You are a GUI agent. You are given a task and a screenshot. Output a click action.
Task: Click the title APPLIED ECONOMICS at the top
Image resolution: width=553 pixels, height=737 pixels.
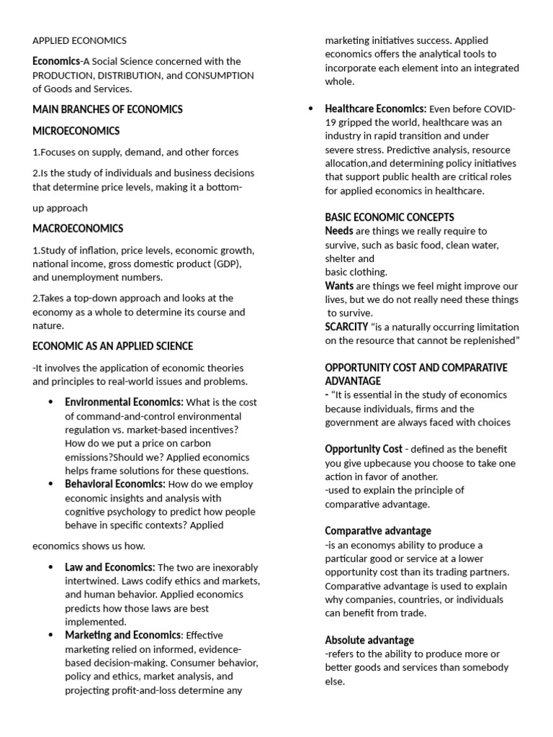pyautogui.click(x=79, y=41)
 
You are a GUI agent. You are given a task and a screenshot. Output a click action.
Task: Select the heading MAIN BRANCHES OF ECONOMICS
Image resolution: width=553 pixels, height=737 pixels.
pyautogui.click(x=107, y=109)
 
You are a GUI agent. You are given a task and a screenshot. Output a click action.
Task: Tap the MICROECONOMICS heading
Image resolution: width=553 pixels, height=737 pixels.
pyautogui.click(x=76, y=131)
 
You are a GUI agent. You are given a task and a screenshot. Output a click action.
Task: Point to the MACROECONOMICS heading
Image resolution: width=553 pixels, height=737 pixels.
pyautogui.click(x=78, y=229)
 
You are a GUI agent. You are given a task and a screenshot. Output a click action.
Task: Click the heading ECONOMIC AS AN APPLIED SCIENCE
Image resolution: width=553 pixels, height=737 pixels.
pyautogui.click(x=112, y=346)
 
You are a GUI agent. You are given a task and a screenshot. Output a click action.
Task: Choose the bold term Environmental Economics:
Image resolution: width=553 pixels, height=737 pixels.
pyautogui.click(x=124, y=402)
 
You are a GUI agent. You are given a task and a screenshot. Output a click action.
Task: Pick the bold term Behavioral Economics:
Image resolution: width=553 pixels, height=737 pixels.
pyautogui.click(x=115, y=484)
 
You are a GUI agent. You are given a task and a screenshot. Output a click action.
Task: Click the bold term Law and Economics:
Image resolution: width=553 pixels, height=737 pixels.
pyautogui.click(x=109, y=567)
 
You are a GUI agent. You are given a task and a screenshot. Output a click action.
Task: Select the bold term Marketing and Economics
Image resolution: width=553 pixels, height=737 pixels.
pyautogui.click(x=122, y=635)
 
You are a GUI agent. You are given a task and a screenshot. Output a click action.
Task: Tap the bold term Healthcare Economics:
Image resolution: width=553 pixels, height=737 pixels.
pyautogui.click(x=375, y=109)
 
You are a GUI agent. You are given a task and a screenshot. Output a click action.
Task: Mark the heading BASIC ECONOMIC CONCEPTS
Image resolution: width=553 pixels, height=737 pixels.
pyautogui.click(x=390, y=217)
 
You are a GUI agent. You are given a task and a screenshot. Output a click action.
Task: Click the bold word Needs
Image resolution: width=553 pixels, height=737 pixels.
pyautogui.click(x=339, y=231)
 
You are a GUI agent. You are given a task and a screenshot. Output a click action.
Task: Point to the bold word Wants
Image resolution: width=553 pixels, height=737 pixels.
pyautogui.click(x=339, y=286)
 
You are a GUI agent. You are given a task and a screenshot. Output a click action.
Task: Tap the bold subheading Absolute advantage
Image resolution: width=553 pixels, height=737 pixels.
pyautogui.click(x=369, y=640)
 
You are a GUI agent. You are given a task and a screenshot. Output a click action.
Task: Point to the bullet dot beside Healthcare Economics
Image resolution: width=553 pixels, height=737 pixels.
pyautogui.click(x=310, y=109)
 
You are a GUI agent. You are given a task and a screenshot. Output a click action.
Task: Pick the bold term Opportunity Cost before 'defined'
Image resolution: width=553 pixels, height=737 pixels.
pyautogui.click(x=363, y=449)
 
